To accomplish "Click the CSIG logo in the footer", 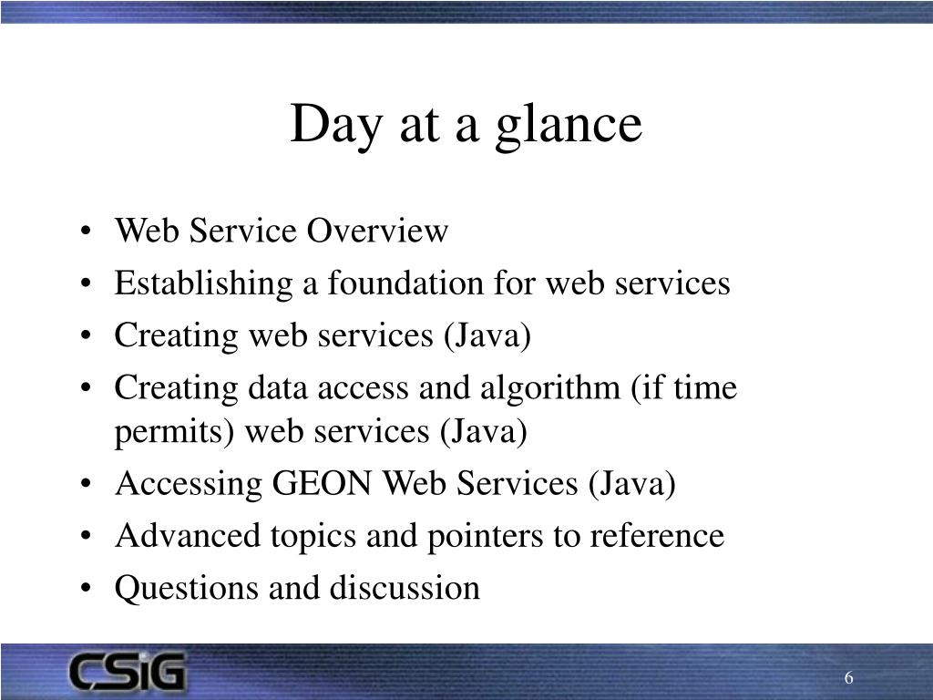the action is pyautogui.click(x=128, y=672).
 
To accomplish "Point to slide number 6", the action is pyautogui.click(x=848, y=677).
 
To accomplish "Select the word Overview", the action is pyautogui.click(x=377, y=231).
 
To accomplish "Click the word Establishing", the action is pyautogui.click(x=203, y=284).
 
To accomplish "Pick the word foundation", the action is pyautogui.click(x=405, y=283).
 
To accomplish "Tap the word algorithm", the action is pyautogui.click(x=550, y=389).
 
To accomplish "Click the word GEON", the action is pyautogui.click(x=322, y=483).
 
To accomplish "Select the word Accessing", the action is pyautogui.click(x=189, y=485).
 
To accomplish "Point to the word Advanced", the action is pyautogui.click(x=188, y=535).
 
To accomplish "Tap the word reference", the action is pyautogui.click(x=657, y=535).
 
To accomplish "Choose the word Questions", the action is pyautogui.click(x=188, y=588).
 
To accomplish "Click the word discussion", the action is pyautogui.click(x=405, y=588).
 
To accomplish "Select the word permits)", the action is pyautogui.click(x=174, y=432).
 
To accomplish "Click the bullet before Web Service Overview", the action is pyautogui.click(x=86, y=231).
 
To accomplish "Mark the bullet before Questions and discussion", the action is pyautogui.click(x=86, y=588).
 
